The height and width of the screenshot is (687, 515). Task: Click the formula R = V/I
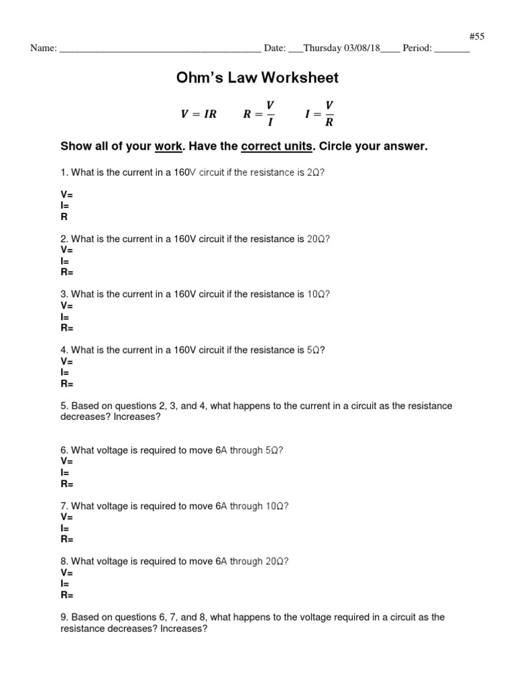[259, 113]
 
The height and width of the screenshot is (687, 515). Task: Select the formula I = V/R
[319, 113]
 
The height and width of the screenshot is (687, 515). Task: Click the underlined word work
[167, 146]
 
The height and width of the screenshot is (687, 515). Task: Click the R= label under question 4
[67, 384]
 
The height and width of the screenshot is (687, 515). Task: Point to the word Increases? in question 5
[137, 417]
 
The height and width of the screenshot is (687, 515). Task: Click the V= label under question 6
[66, 462]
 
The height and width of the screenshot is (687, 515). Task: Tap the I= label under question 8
[65, 584]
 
